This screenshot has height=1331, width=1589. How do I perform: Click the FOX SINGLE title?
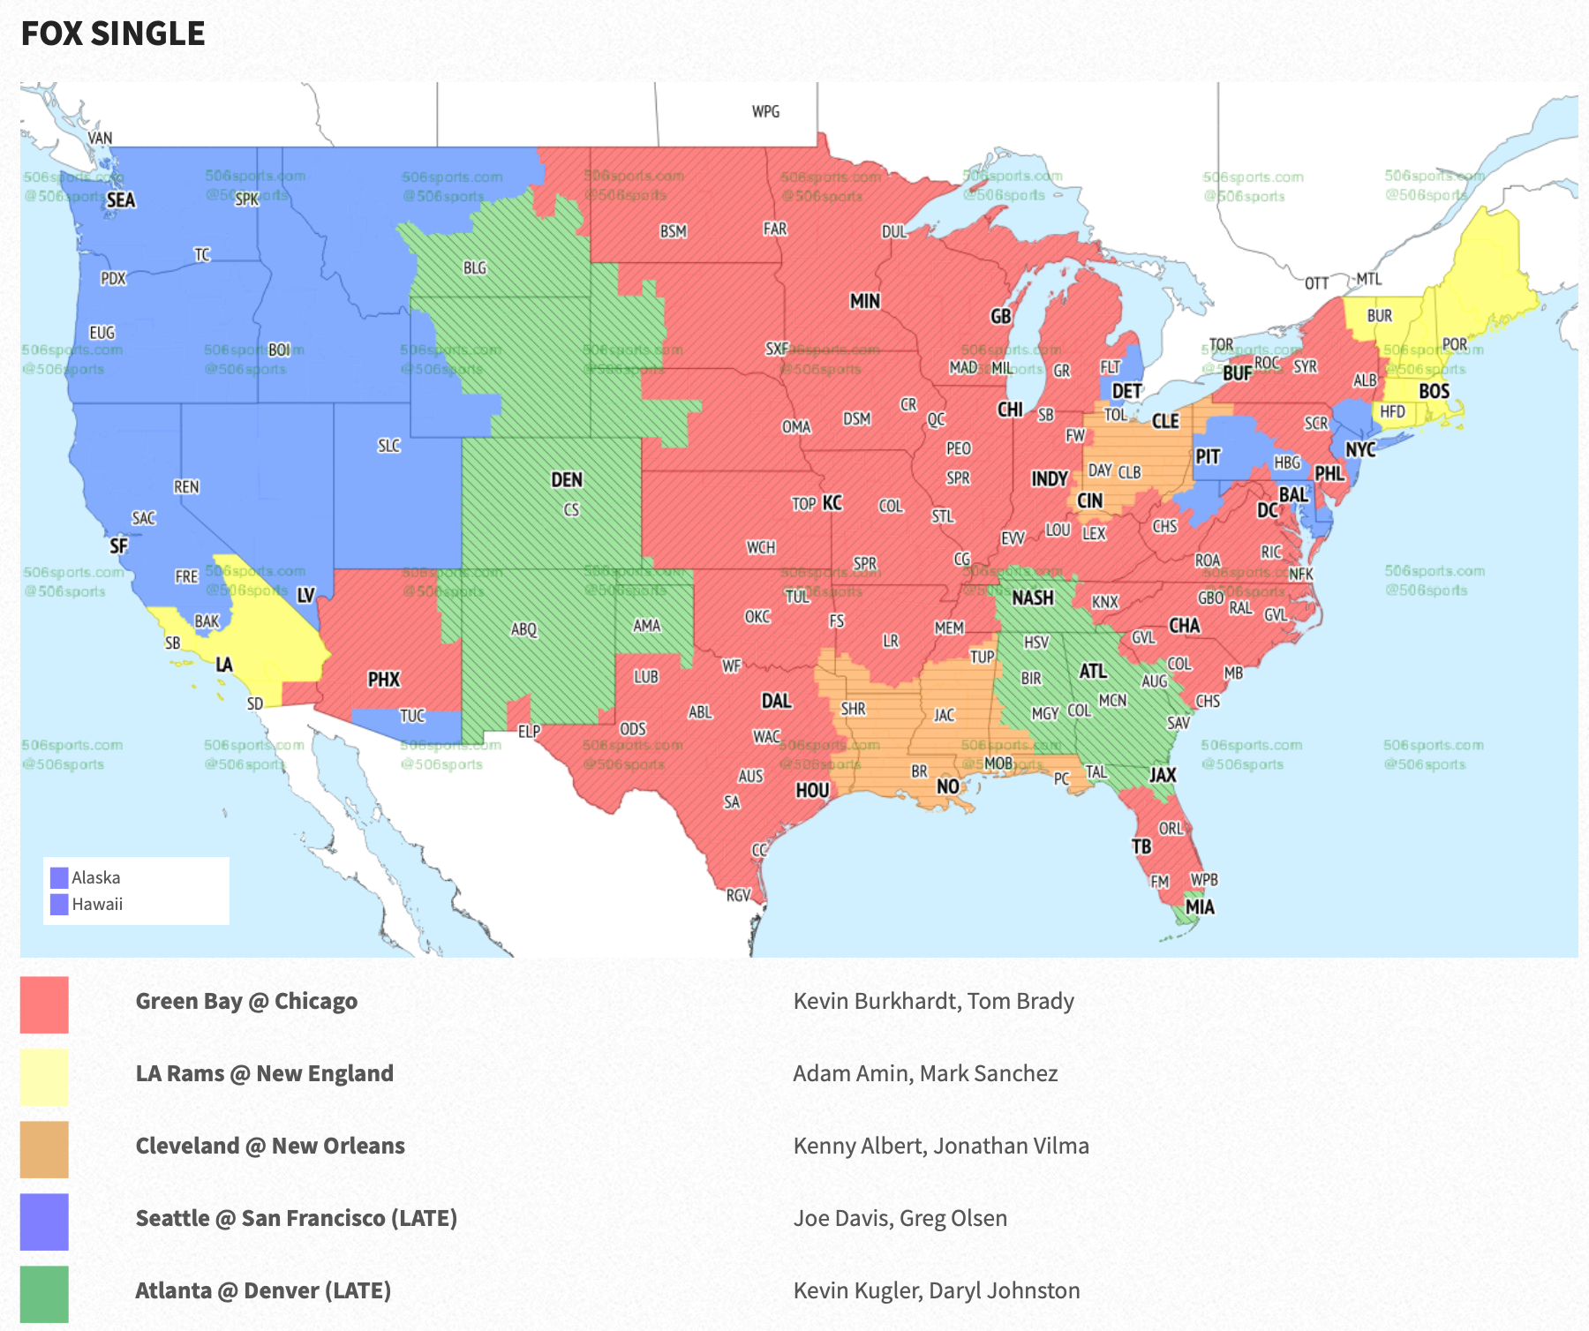113,34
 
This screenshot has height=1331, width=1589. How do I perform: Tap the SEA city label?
121,200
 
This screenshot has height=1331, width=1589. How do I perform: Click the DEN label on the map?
567,479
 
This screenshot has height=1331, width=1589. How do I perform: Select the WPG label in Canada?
765,111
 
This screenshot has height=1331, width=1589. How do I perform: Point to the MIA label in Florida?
1200,906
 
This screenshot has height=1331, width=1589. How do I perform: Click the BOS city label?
1434,390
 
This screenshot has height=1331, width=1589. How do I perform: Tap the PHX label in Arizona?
384,679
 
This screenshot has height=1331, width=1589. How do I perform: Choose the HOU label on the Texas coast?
812,790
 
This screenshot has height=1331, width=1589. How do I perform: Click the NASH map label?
1033,598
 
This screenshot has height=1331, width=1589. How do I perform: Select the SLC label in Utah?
389,446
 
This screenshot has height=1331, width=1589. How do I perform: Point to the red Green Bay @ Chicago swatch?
44,1004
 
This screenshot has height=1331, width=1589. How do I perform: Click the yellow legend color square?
44,1077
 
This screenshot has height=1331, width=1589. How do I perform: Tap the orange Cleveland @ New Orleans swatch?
44,1149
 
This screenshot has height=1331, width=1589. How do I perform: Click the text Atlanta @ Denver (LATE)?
263,1290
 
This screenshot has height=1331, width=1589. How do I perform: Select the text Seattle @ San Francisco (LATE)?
297,1218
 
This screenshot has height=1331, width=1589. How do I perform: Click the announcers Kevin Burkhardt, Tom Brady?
933,1001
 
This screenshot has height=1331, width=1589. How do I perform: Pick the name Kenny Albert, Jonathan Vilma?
941,1146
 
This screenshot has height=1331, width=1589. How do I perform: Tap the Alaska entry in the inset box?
95,877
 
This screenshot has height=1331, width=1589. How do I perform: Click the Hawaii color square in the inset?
59,905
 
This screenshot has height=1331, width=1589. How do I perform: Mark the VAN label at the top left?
100,138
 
